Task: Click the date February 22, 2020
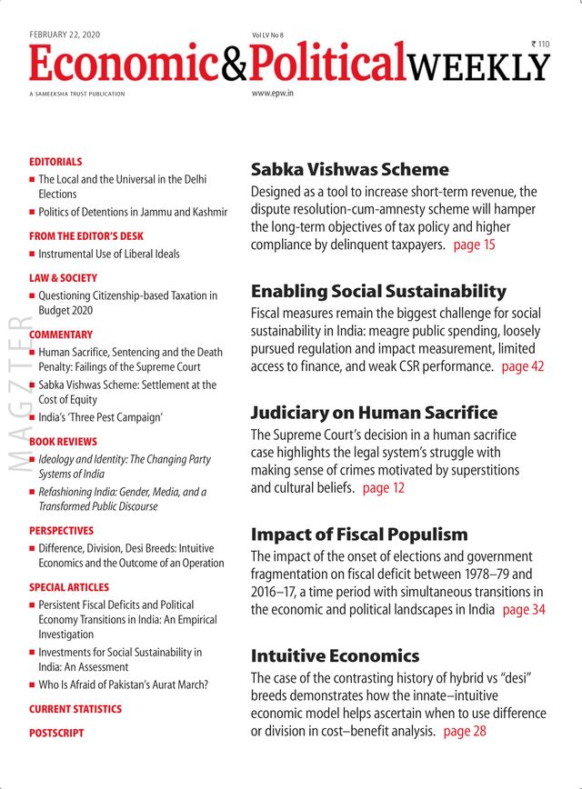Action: tap(65, 35)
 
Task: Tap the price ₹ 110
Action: tap(540, 44)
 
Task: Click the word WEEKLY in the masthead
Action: tap(478, 65)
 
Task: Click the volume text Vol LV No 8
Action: tap(268, 35)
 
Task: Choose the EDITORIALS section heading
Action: tap(55, 162)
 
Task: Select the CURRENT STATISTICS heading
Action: tap(75, 709)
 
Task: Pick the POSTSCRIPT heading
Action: tap(56, 733)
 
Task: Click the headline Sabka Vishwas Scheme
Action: tap(349, 169)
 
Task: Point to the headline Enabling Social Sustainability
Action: tap(378, 292)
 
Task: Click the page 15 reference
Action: tap(475, 245)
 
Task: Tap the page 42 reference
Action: tap(523, 366)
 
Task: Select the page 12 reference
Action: tap(384, 488)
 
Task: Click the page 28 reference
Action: tap(465, 731)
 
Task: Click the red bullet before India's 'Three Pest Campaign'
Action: tap(33, 418)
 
